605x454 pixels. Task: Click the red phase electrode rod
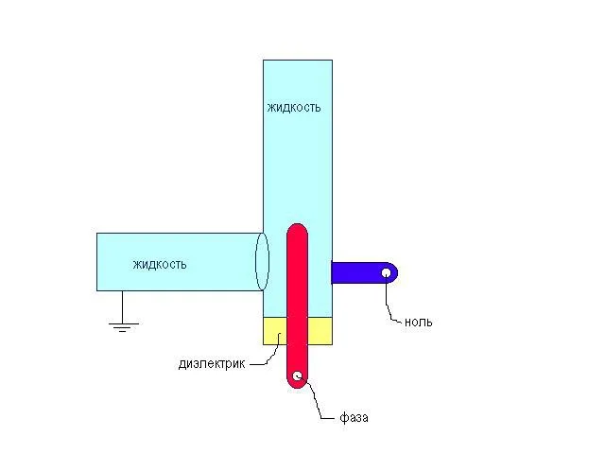point(297,306)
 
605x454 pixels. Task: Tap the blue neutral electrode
point(363,273)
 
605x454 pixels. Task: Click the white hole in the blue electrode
point(386,273)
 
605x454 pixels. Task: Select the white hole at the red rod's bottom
point(297,375)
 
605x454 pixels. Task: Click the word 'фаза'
point(354,418)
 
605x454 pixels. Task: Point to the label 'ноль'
point(418,322)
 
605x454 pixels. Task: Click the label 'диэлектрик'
point(212,364)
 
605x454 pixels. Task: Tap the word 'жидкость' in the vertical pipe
point(294,107)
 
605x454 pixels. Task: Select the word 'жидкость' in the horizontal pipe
point(160,265)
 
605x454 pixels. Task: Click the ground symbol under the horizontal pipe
point(123,327)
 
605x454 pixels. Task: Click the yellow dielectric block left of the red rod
point(275,331)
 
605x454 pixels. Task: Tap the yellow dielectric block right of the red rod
point(320,331)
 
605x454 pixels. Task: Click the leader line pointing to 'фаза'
point(317,401)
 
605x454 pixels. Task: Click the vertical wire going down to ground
point(123,306)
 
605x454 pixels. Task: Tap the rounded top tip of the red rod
point(297,224)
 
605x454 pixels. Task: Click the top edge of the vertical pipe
point(298,60)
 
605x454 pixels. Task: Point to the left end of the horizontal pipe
point(96,262)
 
